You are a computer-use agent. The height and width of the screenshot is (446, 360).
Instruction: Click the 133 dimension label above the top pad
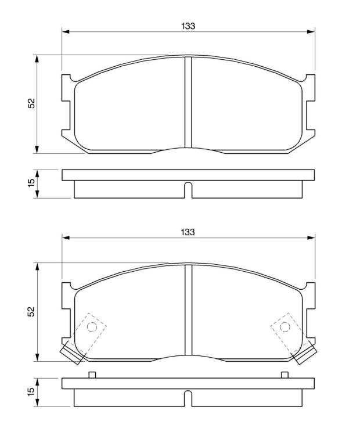(188, 26)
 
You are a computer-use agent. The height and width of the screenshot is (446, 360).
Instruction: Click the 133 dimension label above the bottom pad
(188, 232)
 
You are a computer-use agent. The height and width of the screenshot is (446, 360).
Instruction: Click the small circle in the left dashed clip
(92, 327)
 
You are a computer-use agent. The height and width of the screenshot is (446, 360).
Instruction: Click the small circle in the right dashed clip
(285, 327)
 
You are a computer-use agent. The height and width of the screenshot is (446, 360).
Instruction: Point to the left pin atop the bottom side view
(92, 375)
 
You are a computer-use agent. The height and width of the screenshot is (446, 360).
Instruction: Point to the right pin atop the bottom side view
(285, 375)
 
